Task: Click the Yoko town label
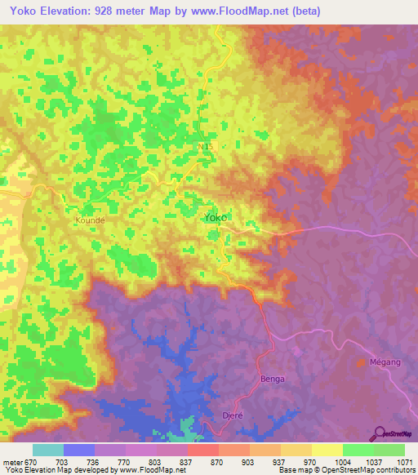216,218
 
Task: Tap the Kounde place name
91,220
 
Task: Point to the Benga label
271,379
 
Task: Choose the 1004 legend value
329,462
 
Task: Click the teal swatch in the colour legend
47,450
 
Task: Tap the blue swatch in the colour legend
78,450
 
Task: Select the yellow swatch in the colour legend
327,450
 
